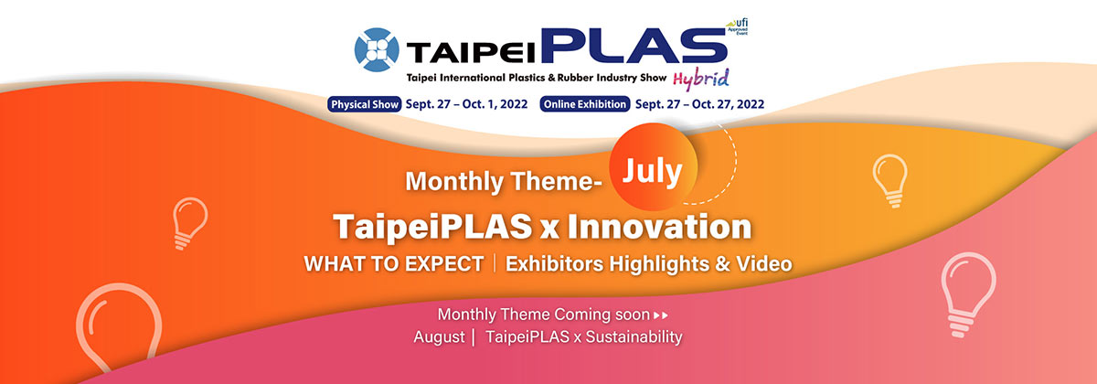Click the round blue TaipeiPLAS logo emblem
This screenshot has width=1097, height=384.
(x=376, y=49)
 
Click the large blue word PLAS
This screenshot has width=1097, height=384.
(x=634, y=46)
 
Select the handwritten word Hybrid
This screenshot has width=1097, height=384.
(x=701, y=80)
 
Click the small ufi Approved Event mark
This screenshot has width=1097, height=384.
(x=738, y=27)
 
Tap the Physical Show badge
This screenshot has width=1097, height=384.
(x=365, y=104)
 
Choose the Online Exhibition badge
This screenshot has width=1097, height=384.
(x=585, y=104)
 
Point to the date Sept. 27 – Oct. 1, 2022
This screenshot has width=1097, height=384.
(x=467, y=104)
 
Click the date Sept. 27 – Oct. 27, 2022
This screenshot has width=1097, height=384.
(x=699, y=104)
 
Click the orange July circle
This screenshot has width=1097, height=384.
(x=653, y=166)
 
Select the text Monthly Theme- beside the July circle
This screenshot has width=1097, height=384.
(x=504, y=181)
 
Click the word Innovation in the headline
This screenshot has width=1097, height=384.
(x=659, y=227)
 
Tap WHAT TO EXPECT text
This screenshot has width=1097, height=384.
(x=394, y=264)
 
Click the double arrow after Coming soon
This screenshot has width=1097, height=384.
(x=661, y=315)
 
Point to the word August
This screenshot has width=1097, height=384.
(x=439, y=337)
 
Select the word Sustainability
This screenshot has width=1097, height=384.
(x=634, y=337)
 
